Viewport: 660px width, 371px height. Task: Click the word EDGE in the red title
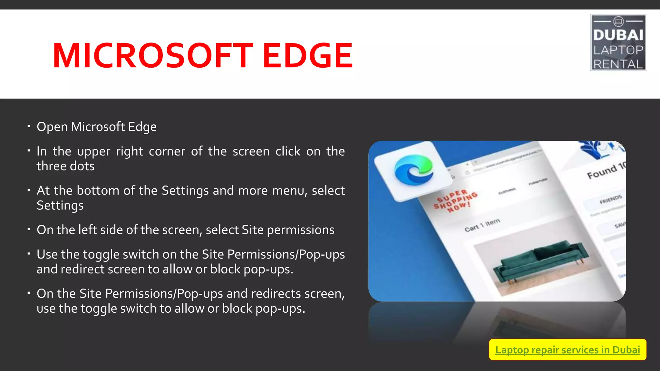click(x=308, y=56)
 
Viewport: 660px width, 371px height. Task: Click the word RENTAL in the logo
click(x=618, y=64)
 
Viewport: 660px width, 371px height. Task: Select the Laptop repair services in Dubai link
click(x=568, y=350)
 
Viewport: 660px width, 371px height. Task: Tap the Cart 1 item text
click(x=482, y=225)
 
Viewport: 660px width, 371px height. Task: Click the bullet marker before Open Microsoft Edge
click(x=29, y=126)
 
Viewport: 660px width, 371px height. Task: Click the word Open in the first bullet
click(x=52, y=127)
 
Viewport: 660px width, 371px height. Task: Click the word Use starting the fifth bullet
click(x=47, y=254)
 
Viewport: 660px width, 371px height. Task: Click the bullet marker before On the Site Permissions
click(x=29, y=293)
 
